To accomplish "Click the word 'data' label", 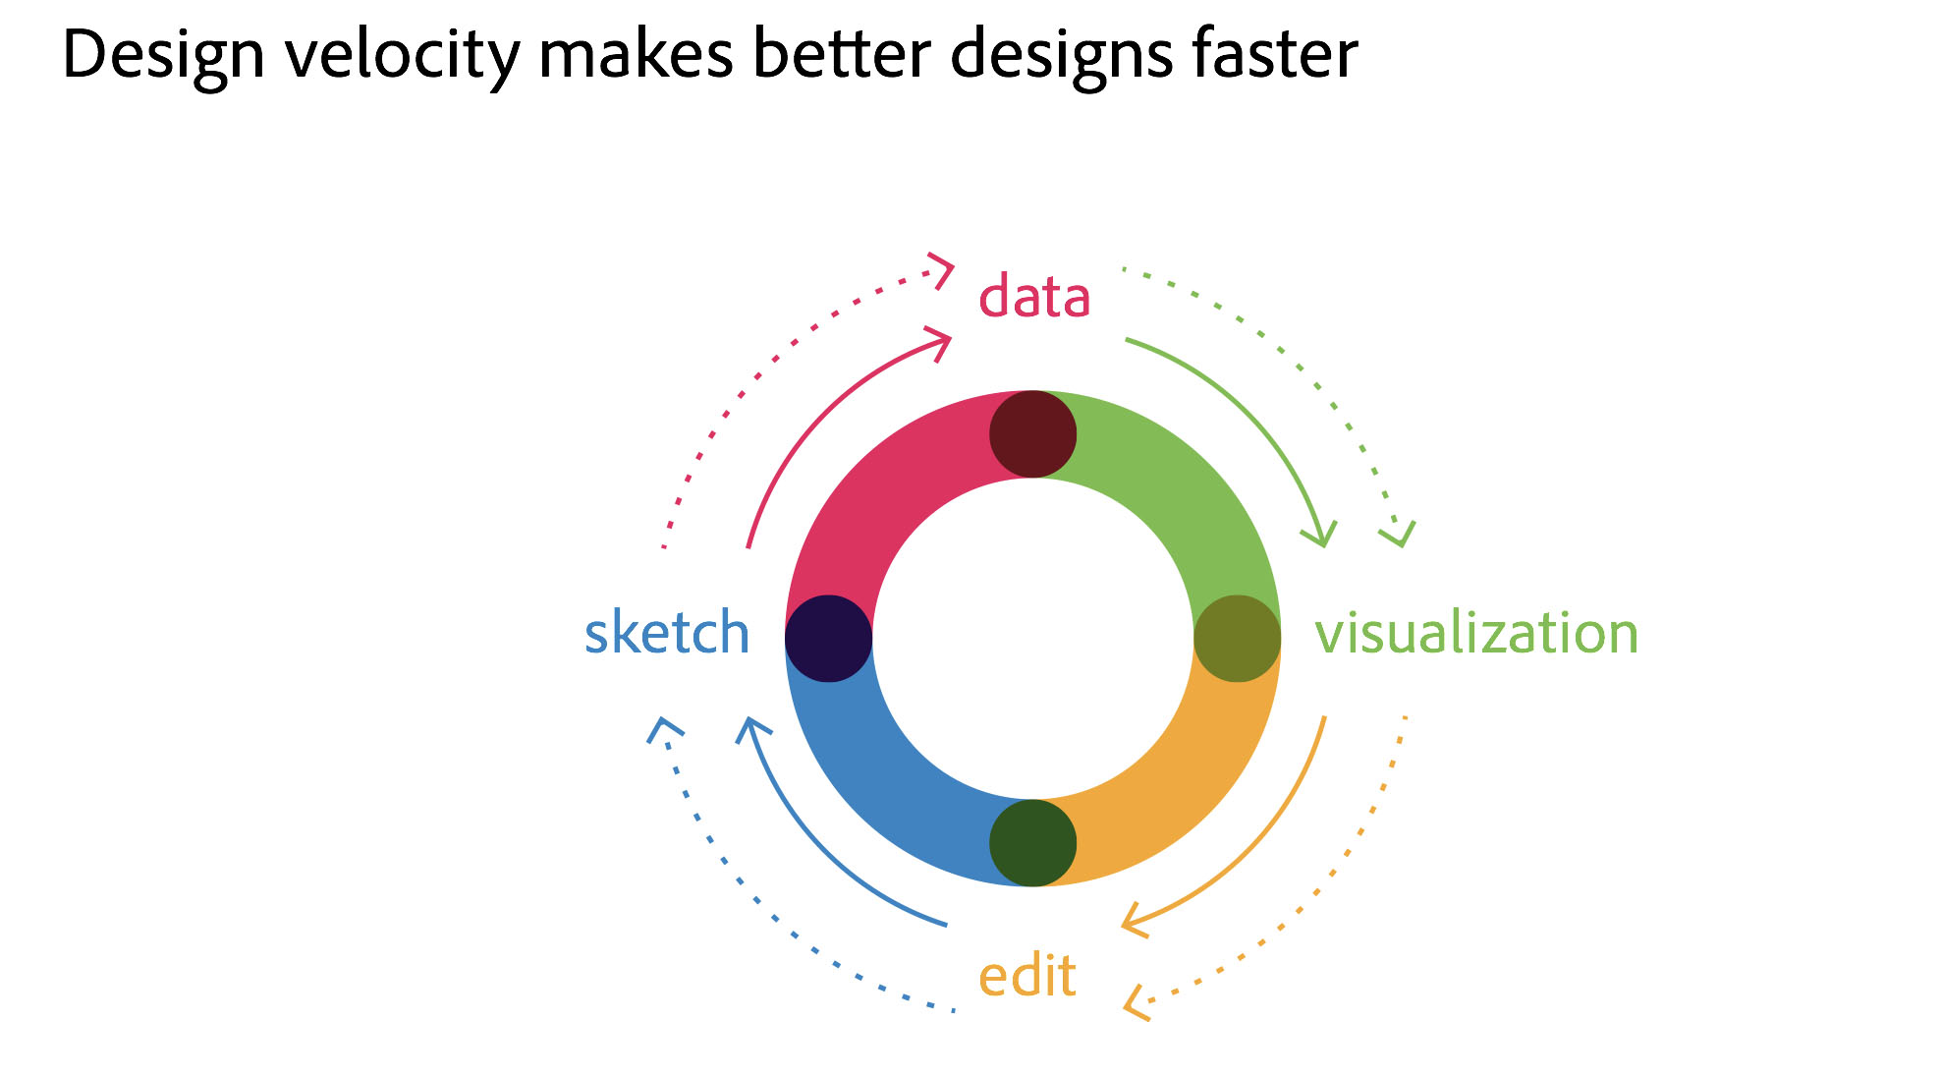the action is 1034,295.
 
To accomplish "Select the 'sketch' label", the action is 667,631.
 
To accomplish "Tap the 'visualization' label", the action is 1476,631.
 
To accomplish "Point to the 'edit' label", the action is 1027,975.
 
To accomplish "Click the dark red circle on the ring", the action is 1032,434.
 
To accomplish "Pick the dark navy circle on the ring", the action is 828,639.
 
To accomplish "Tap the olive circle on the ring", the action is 1237,639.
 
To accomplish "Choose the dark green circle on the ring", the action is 1032,843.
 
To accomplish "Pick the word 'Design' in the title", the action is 164,56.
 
